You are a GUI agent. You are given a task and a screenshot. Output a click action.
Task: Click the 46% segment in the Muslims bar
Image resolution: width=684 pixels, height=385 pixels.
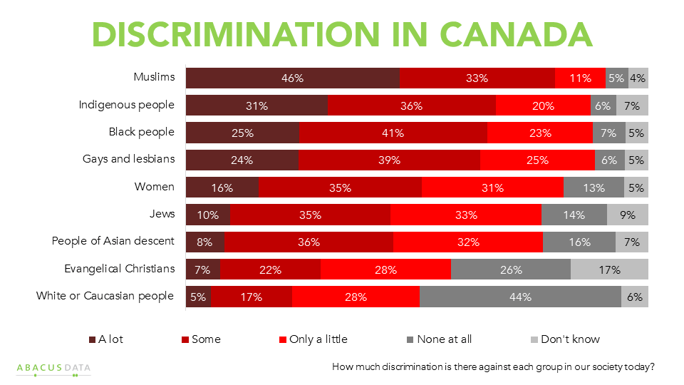click(x=293, y=78)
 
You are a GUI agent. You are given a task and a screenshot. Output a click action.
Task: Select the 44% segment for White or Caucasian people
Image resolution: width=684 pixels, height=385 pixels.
click(x=520, y=297)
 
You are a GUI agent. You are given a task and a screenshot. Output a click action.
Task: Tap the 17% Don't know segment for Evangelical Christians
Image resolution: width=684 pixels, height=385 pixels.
click(x=609, y=269)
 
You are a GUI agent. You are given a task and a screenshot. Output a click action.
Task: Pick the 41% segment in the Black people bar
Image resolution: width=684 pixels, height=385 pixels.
click(x=393, y=133)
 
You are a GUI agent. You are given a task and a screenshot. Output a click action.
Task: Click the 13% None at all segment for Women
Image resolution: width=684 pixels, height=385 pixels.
click(x=594, y=188)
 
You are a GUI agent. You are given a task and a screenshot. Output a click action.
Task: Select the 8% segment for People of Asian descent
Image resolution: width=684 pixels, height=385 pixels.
click(x=205, y=242)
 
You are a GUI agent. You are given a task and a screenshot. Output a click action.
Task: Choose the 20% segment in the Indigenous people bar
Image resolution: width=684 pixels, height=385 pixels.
click(x=543, y=106)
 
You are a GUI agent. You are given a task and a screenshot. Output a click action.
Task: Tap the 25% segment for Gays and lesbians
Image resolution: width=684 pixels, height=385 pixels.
click(x=537, y=160)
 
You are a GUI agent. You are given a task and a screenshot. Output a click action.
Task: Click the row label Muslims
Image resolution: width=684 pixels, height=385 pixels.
click(x=154, y=77)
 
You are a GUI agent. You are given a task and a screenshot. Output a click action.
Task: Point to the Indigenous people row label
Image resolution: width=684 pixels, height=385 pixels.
click(x=126, y=105)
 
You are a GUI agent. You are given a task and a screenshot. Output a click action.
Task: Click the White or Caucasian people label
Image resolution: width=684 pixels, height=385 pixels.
click(x=105, y=295)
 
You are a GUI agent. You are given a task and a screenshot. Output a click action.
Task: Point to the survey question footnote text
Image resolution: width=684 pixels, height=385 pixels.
click(x=494, y=367)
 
